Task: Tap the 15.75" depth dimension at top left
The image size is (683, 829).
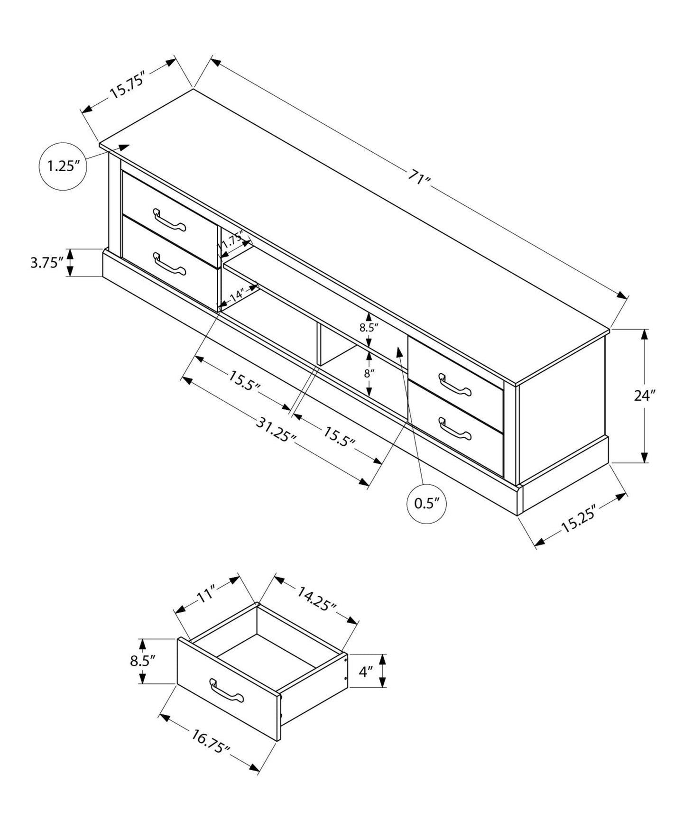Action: click(x=127, y=85)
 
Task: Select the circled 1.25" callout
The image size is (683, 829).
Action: click(x=62, y=166)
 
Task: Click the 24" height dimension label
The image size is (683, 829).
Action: click(x=645, y=396)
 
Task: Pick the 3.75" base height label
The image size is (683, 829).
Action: click(x=46, y=262)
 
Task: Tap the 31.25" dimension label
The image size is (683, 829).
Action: click(x=276, y=429)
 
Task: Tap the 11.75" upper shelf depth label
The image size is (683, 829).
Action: click(x=231, y=242)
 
